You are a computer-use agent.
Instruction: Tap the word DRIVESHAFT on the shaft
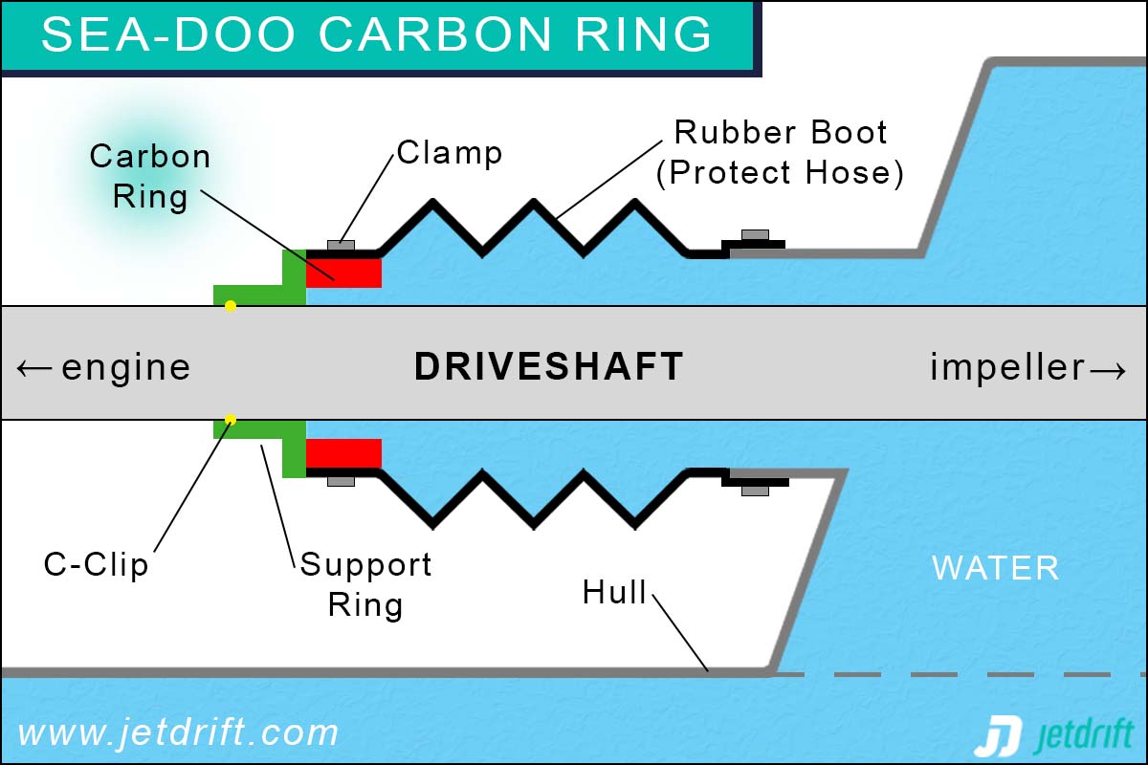[x=548, y=367]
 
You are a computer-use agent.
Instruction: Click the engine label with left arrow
[x=103, y=367]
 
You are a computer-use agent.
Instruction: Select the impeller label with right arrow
[x=1029, y=367]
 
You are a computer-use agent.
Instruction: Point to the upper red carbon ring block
[x=343, y=273]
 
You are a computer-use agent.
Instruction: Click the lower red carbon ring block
[x=343, y=453]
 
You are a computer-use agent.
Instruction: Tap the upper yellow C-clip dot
[x=230, y=306]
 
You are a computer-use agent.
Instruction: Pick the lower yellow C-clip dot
[x=230, y=420]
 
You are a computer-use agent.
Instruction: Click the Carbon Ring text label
[x=150, y=177]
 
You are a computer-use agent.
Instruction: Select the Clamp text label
[x=450, y=152]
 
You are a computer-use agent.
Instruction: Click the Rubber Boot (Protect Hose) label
[x=781, y=153]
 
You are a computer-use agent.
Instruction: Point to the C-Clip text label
[x=97, y=564]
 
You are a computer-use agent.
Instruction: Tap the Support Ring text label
[x=365, y=584]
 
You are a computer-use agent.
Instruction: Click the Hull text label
[x=614, y=593]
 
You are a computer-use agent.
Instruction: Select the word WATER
[x=995, y=568]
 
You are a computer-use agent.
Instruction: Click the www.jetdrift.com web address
[x=179, y=733]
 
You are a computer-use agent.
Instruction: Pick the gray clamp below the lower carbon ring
[x=341, y=480]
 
